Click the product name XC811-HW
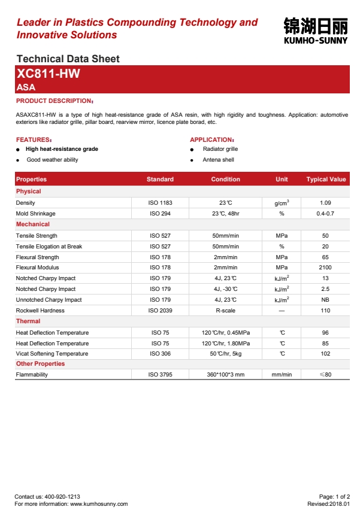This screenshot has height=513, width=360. click(x=49, y=74)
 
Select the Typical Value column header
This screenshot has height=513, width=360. click(x=326, y=179)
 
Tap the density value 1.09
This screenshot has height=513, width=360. click(x=325, y=203)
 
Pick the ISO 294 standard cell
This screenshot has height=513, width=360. click(x=160, y=214)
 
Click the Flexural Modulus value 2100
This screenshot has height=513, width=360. click(x=325, y=268)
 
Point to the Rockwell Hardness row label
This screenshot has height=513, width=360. click(x=40, y=311)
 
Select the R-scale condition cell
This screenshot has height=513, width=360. click(x=225, y=311)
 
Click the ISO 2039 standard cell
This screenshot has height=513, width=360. click(x=160, y=311)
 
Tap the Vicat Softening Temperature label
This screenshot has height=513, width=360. click(x=52, y=354)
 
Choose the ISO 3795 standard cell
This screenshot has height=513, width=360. click(x=160, y=375)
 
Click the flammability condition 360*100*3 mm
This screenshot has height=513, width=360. click(x=225, y=375)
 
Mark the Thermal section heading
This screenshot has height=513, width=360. click(x=28, y=321)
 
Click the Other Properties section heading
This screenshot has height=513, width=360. click(x=40, y=364)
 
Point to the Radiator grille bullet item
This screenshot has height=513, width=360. click(x=220, y=148)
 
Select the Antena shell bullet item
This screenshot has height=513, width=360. click(x=218, y=160)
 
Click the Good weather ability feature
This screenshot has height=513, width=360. click(x=52, y=160)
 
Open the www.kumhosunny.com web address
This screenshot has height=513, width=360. click(x=99, y=504)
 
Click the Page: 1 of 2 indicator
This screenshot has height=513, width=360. click(x=334, y=497)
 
